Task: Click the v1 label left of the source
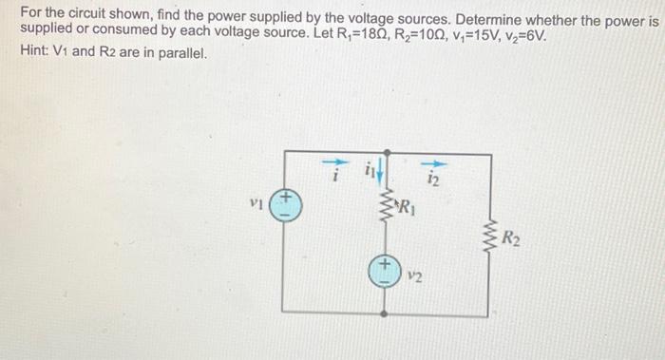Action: click(253, 202)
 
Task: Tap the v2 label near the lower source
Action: click(413, 278)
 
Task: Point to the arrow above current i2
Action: click(433, 161)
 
